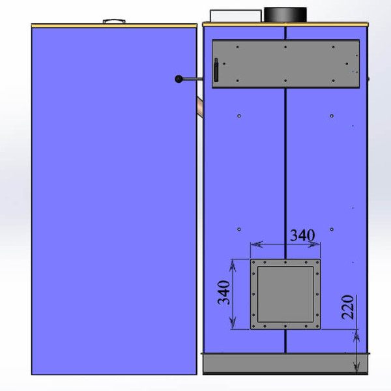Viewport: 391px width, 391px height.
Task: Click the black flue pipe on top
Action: click(285, 15)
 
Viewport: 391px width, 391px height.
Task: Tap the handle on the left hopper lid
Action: click(114, 22)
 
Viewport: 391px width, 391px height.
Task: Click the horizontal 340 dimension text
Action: click(302, 235)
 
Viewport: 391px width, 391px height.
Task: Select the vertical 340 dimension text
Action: click(224, 293)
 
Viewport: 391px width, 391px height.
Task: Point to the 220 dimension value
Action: click(347, 307)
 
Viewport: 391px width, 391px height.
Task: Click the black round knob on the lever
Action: click(179, 79)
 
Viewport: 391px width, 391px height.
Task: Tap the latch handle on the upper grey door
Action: click(216, 70)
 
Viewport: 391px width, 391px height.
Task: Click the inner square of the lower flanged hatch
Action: click(285, 295)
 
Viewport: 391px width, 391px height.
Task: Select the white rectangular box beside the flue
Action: click(236, 16)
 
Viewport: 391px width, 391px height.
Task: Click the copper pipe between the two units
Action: click(200, 108)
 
